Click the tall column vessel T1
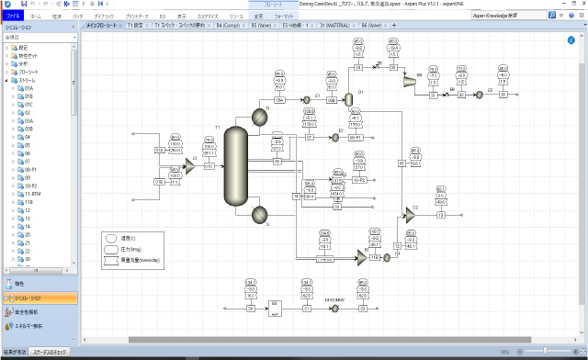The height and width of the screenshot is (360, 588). (237, 166)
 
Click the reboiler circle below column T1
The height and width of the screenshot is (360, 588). (257, 215)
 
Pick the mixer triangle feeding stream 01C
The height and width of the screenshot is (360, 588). (189, 165)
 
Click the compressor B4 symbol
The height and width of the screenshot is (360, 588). (407, 80)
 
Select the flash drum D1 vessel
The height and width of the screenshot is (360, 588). (348, 98)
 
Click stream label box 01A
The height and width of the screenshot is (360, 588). (159, 150)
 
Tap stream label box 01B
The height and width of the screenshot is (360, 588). (159, 182)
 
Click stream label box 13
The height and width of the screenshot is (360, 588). (440, 214)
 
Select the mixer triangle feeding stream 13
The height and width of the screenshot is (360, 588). (410, 214)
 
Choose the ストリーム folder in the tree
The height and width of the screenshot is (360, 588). (29, 80)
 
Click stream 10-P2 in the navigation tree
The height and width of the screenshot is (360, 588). (32, 186)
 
